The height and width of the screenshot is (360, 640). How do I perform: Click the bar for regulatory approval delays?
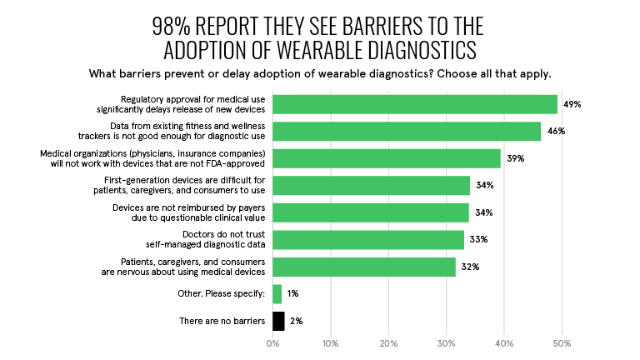coord(415,104)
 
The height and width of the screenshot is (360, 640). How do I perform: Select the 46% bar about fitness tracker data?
coord(407,131)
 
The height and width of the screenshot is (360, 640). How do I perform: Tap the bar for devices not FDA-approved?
coord(387,158)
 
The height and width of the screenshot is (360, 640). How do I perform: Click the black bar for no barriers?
coord(278,321)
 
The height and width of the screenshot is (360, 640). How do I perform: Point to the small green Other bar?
coord(277,293)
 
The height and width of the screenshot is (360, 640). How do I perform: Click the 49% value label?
coord(572,104)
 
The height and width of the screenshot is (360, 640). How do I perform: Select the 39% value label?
coord(515,158)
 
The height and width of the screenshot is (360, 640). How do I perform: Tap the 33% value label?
coord(478,240)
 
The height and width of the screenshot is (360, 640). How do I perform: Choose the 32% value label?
coord(470,267)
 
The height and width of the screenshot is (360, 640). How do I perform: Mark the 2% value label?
coord(295,321)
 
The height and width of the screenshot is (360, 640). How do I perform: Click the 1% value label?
coord(292,293)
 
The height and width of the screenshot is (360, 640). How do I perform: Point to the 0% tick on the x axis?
coord(273,342)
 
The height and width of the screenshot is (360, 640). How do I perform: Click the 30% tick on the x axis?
coord(447,342)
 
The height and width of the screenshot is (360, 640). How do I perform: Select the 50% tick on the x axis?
coord(562,342)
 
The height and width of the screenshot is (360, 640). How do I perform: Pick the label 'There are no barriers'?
coord(222,321)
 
